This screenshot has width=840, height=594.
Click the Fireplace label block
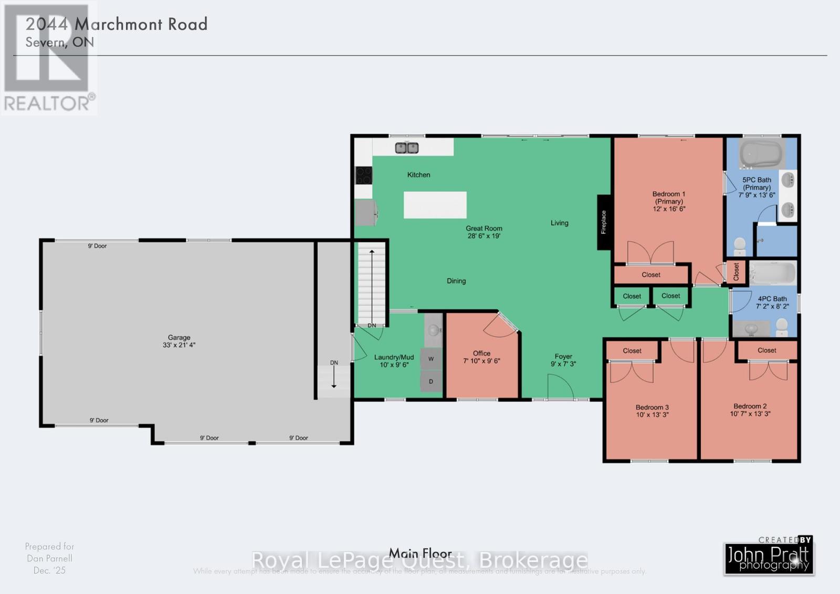[x=604, y=222]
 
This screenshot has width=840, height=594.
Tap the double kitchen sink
[x=407, y=148]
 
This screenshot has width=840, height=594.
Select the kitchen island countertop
[x=435, y=205]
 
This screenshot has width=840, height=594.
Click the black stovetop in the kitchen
[x=363, y=175]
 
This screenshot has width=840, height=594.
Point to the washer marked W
[x=431, y=359]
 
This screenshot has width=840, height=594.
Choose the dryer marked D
[x=431, y=381]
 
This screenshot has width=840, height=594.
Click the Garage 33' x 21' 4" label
[x=179, y=341]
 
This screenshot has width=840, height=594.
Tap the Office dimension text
[x=481, y=361]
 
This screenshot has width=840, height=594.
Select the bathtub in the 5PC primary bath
[x=761, y=153]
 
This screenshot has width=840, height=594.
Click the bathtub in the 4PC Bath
[x=772, y=273]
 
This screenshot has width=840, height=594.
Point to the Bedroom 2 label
[x=750, y=410]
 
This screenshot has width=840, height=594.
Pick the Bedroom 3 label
[x=652, y=411]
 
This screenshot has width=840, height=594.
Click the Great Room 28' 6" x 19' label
[x=484, y=232]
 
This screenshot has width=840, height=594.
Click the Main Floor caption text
[x=420, y=553]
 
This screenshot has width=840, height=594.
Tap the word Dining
[x=456, y=281]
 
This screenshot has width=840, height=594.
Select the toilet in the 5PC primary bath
[x=740, y=246]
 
